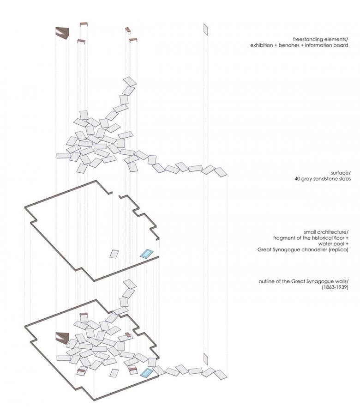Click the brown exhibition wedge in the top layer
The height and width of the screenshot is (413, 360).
point(62,32)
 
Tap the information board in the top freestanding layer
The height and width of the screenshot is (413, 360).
point(206,30)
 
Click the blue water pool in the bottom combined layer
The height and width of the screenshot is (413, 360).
point(147,372)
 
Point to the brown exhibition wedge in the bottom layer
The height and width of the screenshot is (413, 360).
point(62,338)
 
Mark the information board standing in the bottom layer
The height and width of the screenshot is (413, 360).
point(206,358)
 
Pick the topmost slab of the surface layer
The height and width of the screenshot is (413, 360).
point(131,81)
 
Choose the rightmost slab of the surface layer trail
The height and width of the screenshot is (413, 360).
point(221,172)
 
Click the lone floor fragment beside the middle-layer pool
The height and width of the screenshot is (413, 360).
point(114,254)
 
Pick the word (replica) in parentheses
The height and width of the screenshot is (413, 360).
point(339,250)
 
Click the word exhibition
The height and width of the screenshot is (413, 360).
point(262,45)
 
